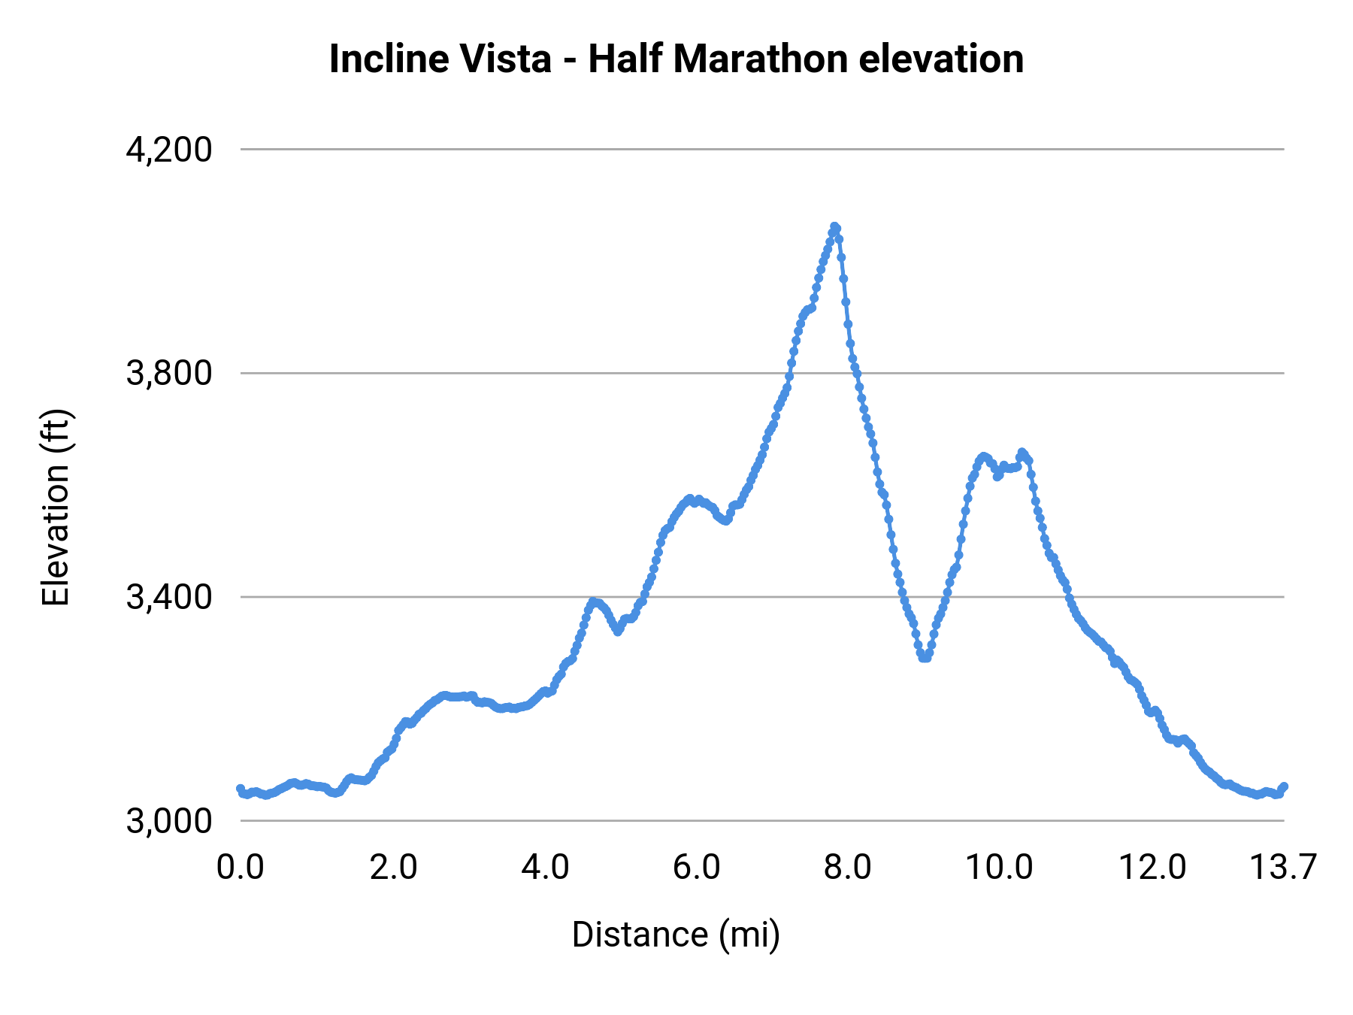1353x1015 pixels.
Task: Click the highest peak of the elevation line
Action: click(x=834, y=226)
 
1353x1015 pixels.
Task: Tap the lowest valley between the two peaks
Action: click(x=925, y=658)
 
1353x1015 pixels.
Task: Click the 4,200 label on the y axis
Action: click(x=169, y=150)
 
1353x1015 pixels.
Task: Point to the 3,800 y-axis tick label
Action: click(x=169, y=373)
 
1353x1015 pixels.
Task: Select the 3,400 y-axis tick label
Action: click(x=169, y=597)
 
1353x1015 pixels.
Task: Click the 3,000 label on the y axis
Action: click(x=169, y=821)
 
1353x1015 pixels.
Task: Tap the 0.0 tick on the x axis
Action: click(x=241, y=868)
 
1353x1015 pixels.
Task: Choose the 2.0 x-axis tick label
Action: click(x=393, y=868)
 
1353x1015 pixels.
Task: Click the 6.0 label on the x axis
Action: click(x=696, y=868)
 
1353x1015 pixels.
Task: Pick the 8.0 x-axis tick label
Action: click(x=848, y=868)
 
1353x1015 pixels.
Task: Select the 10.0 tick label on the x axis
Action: click(x=999, y=868)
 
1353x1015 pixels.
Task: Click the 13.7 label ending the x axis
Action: click(x=1282, y=868)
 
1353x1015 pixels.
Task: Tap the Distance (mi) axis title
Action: click(x=676, y=935)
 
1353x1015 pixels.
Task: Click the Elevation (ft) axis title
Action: click(x=56, y=508)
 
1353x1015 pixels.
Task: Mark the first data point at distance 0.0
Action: click(x=241, y=789)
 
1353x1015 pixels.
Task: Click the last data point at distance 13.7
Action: click(x=1284, y=786)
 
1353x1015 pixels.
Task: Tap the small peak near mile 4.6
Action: click(x=593, y=601)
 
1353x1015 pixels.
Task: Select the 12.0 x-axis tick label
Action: click(x=1152, y=868)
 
